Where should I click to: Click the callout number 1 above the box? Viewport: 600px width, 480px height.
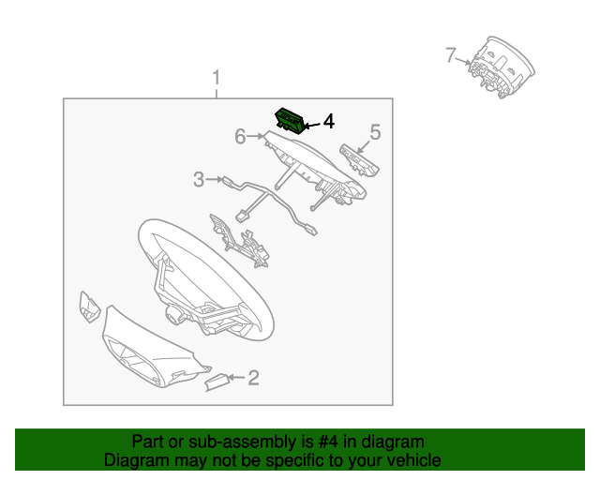pos(217,76)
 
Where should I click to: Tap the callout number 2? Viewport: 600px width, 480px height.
pos(253,378)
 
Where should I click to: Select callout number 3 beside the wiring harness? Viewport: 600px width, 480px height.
pos(199,179)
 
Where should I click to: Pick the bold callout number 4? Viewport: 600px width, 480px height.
pos(327,122)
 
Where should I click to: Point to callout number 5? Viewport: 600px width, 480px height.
pos(375,133)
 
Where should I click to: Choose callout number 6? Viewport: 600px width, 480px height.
pos(240,137)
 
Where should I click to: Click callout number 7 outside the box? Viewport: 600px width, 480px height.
pos(451,56)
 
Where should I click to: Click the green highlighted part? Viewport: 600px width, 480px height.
pos(291,120)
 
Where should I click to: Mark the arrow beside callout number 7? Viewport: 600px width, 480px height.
pos(466,61)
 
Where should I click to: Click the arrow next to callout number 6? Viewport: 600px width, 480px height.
pos(256,138)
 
